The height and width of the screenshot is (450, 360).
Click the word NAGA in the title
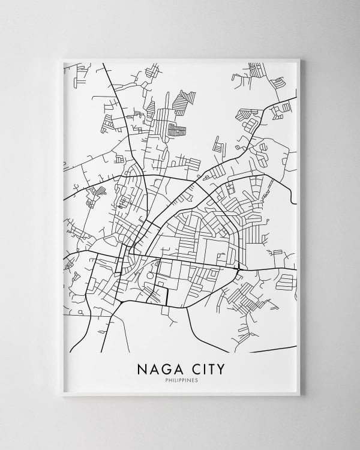[x=158, y=367]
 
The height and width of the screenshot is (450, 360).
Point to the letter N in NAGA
[x=142, y=367]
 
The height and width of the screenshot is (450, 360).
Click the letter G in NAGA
[x=163, y=367]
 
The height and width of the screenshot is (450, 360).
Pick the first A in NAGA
[x=152, y=367]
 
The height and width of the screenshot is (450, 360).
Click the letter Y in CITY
[x=219, y=367]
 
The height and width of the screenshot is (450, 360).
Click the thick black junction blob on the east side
[x=240, y=268]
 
